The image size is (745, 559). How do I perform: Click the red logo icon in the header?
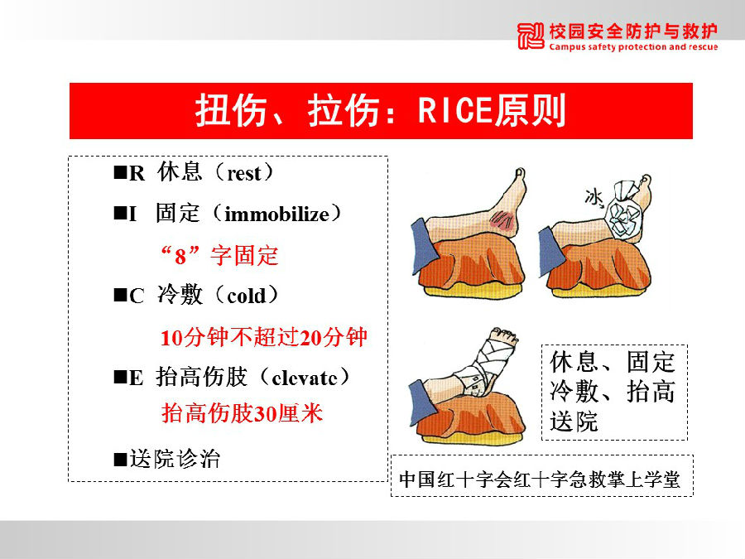tap(531, 36)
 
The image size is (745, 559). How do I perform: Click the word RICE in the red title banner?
tap(454, 111)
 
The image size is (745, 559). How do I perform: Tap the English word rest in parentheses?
tap(244, 174)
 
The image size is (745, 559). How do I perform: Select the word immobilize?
tap(277, 214)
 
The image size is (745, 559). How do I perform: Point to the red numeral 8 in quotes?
tap(180, 257)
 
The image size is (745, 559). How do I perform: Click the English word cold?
tap(247, 296)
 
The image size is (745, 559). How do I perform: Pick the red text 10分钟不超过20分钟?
tap(264, 338)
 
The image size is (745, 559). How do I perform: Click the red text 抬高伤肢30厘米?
tap(242, 413)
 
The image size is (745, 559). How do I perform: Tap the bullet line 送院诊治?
tap(166, 459)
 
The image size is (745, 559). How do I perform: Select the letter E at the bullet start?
tap(136, 378)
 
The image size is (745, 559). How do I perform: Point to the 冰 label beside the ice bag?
tap(594, 197)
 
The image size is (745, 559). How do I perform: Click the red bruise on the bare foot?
tap(503, 221)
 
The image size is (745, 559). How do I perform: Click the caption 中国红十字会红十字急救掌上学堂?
tap(540, 479)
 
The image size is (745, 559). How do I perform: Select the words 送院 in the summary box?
tap(574, 422)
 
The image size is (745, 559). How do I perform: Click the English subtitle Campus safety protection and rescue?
tap(633, 47)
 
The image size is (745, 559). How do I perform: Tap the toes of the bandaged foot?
tap(505, 334)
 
